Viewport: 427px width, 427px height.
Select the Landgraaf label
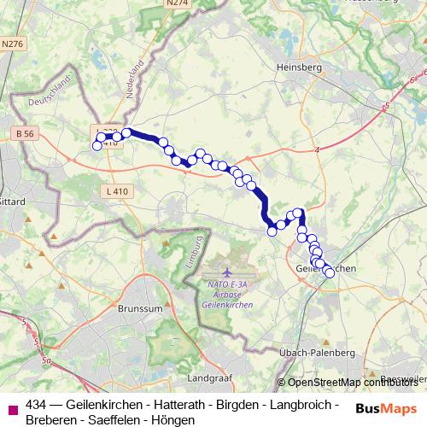(x=210, y=376)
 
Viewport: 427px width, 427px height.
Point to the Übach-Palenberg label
(x=317, y=352)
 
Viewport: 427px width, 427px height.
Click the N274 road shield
(x=178, y=3)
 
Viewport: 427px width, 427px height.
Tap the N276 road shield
(x=13, y=43)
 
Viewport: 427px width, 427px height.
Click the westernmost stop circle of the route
(x=97, y=146)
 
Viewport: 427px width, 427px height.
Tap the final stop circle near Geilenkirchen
(x=330, y=273)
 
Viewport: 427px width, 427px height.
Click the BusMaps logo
(x=387, y=407)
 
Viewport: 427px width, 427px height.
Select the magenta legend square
(x=12, y=407)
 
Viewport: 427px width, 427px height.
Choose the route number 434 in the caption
(x=37, y=404)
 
